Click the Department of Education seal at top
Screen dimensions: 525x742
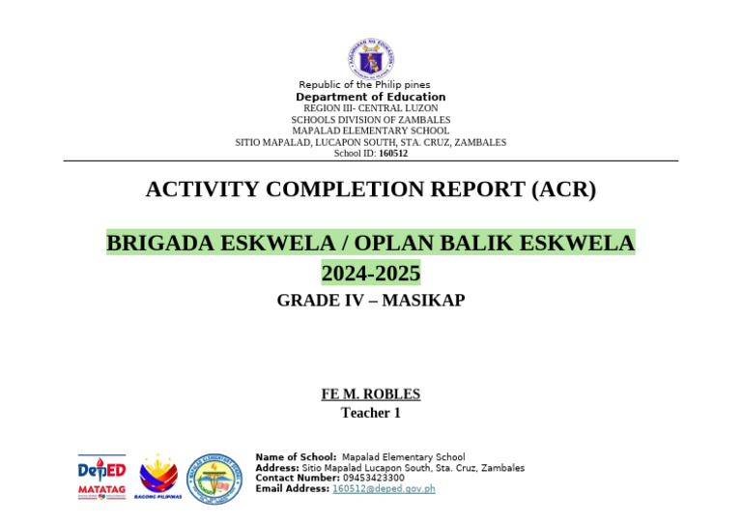pyautogui.click(x=370, y=59)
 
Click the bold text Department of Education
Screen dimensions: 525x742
pyautogui.click(x=370, y=97)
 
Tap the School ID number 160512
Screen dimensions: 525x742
pyautogui.click(x=393, y=153)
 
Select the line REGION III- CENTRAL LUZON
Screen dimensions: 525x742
pyautogui.click(x=370, y=108)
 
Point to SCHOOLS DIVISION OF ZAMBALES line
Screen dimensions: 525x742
pyautogui.click(x=370, y=120)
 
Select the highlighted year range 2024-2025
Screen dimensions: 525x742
pyautogui.click(x=370, y=274)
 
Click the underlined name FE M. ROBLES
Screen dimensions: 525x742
pyautogui.click(x=370, y=394)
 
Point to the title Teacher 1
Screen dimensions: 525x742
pyautogui.click(x=370, y=413)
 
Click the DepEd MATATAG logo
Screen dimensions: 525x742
pyautogui.click(x=101, y=477)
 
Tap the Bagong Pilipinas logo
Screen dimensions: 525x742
pyautogui.click(x=158, y=477)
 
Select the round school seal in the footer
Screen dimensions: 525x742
pyautogui.click(x=214, y=478)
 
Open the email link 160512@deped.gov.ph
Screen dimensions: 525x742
pyautogui.click(x=384, y=489)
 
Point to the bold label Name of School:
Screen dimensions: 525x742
pyautogui.click(x=296, y=457)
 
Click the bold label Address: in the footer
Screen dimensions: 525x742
pyautogui.click(x=277, y=468)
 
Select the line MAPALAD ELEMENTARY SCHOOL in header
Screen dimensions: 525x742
pyautogui.click(x=370, y=131)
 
